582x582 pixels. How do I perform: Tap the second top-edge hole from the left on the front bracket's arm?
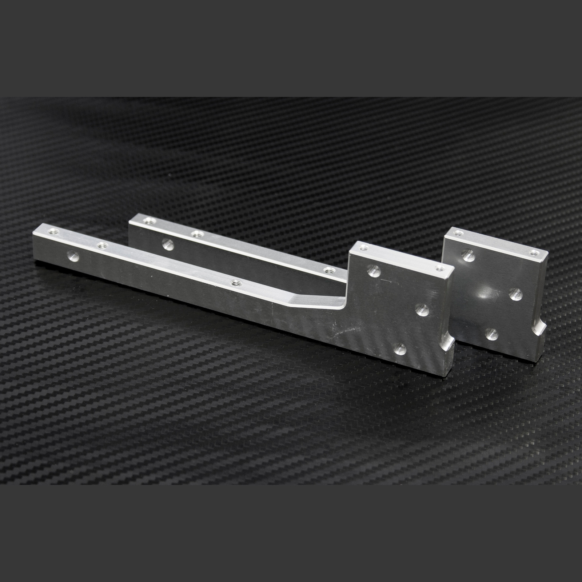pyautogui.click(x=103, y=246)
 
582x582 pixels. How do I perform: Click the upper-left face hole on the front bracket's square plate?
pyautogui.click(x=374, y=270)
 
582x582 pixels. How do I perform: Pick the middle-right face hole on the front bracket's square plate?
pyautogui.click(x=422, y=310)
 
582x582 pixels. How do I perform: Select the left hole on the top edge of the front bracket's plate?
pyautogui.click(x=363, y=248)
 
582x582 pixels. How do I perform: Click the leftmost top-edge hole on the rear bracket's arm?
pyautogui.click(x=148, y=220)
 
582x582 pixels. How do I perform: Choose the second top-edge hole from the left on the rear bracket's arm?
pyautogui.click(x=197, y=234)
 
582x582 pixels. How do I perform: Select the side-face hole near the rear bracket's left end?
pyautogui.click(x=168, y=244)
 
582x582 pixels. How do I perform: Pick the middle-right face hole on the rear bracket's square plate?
pyautogui.click(x=516, y=294)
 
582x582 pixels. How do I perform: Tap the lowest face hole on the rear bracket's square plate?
pyautogui.click(x=493, y=332)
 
